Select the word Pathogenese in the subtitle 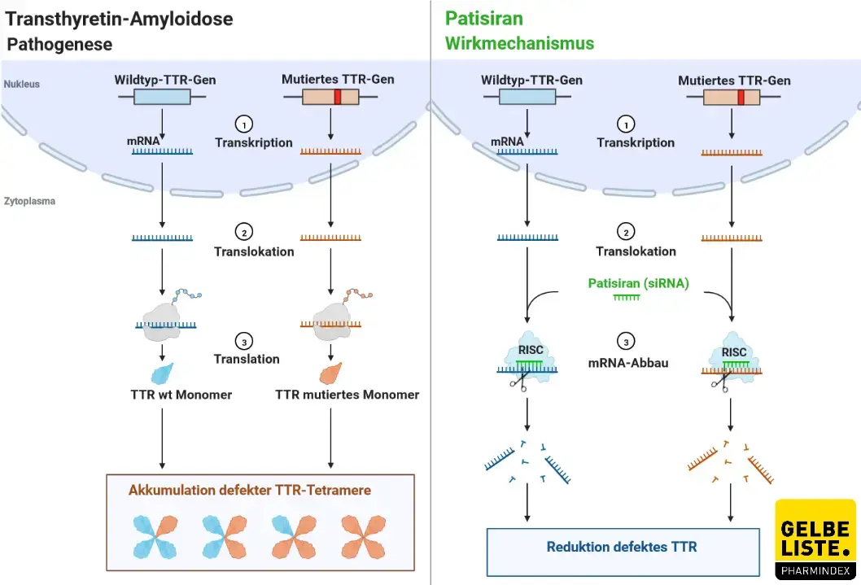coord(59,45)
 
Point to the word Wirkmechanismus coord(519,43)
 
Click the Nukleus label coord(21,84)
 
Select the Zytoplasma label coord(28,201)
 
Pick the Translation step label coord(247,359)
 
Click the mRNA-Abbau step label coord(627,363)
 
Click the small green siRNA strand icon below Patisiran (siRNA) coord(627,298)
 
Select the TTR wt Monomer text coord(181,395)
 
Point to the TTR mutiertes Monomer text coord(347,395)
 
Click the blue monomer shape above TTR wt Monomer coord(162,373)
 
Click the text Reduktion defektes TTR coord(622,547)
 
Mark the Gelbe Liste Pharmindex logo coord(816,540)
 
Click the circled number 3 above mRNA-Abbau coord(626,342)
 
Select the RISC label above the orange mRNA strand coord(733,352)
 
